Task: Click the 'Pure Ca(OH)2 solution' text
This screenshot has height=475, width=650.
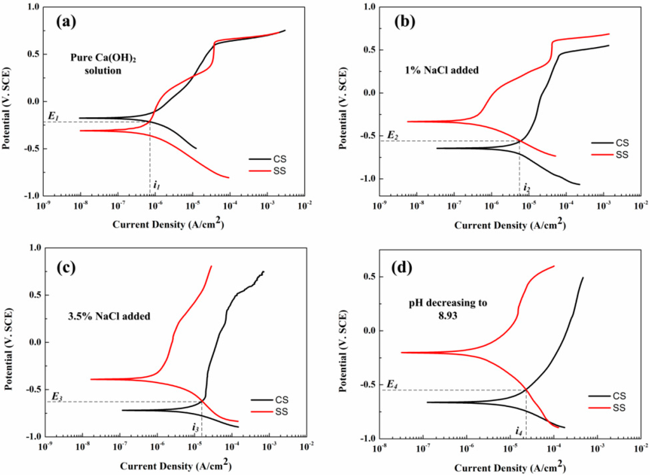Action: (96, 64)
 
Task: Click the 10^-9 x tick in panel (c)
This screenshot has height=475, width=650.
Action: (45, 448)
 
